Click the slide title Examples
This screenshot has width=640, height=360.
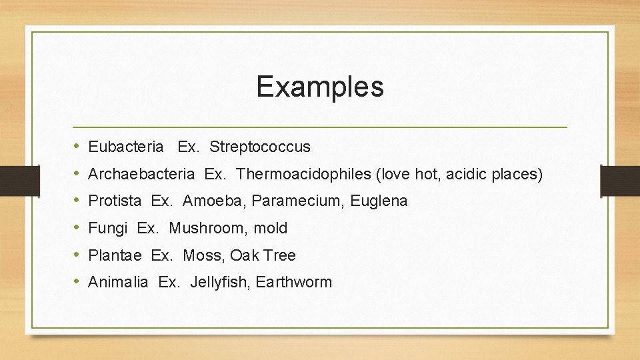pyautogui.click(x=320, y=87)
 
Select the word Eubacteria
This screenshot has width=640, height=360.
pyautogui.click(x=125, y=147)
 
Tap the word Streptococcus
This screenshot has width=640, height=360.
pyautogui.click(x=260, y=147)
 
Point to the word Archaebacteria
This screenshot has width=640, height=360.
pyautogui.click(x=141, y=175)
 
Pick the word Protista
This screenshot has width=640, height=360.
pyautogui.click(x=115, y=201)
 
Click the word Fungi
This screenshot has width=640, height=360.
pyautogui.click(x=107, y=229)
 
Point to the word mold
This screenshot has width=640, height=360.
pyautogui.click(x=271, y=229)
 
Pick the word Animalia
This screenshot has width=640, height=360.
pyautogui.click(x=118, y=283)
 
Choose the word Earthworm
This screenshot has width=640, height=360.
pyautogui.click(x=294, y=283)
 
